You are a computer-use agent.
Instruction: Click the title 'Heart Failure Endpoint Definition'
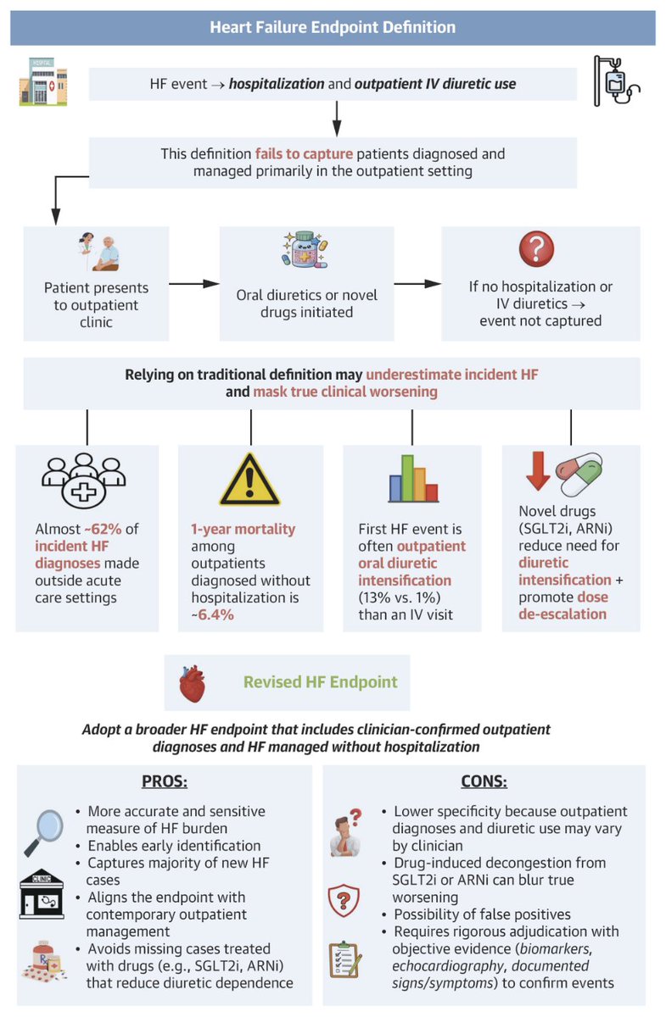coord(333,27)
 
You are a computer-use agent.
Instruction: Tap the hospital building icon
coord(43,81)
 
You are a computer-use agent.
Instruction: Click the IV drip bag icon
coord(617,81)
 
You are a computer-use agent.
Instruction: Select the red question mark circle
coord(536,249)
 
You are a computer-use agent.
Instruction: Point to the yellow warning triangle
coord(249,480)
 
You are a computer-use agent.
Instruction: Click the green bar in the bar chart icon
coord(407,478)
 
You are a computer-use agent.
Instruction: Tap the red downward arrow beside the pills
coord(538,471)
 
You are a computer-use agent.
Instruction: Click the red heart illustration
coord(192,684)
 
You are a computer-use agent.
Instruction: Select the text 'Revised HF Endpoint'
coord(321,682)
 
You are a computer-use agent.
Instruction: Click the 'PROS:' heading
coord(165,781)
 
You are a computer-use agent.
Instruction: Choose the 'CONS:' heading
coord(484,781)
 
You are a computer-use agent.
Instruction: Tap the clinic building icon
coord(42,894)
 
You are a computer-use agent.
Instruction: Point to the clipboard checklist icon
coord(345,959)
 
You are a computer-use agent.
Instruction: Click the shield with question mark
coord(344,900)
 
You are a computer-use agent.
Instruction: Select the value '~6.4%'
coord(212,614)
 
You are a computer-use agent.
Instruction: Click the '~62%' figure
coord(104,529)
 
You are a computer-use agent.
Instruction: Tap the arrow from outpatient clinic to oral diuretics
coord(194,284)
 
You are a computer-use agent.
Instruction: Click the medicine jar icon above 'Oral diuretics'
coord(305,250)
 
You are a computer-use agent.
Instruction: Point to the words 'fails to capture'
coord(304,154)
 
